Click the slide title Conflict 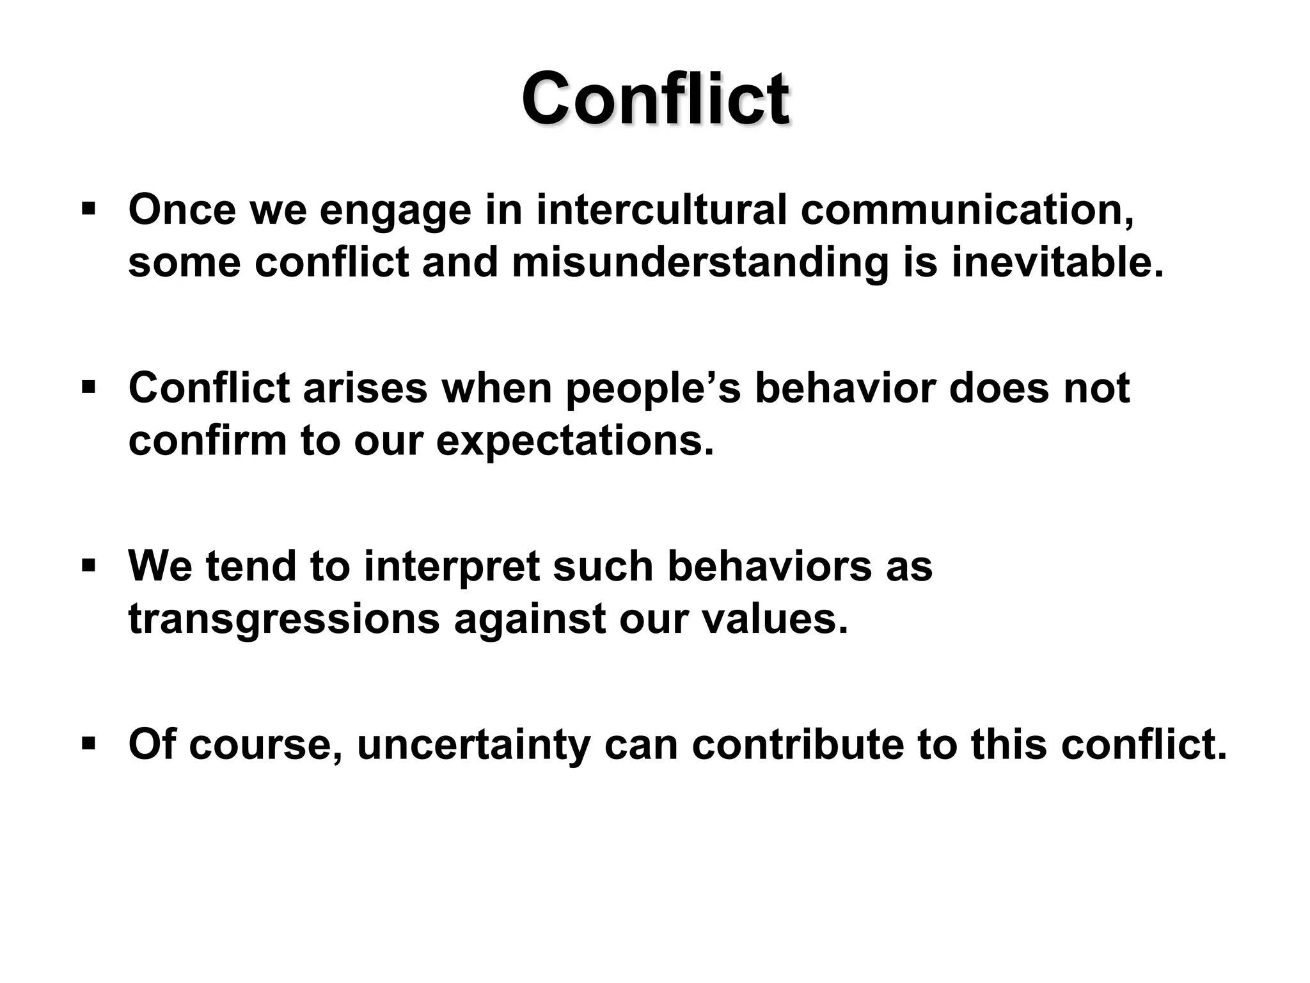(x=655, y=99)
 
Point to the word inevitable (x=1057, y=262)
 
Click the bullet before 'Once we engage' (x=89, y=209)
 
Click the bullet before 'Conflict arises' (x=89, y=387)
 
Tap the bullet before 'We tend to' (x=89, y=566)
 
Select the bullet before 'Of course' (x=89, y=744)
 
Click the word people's (x=653, y=388)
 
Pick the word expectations (x=574, y=442)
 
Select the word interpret (x=452, y=567)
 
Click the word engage (x=395, y=211)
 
